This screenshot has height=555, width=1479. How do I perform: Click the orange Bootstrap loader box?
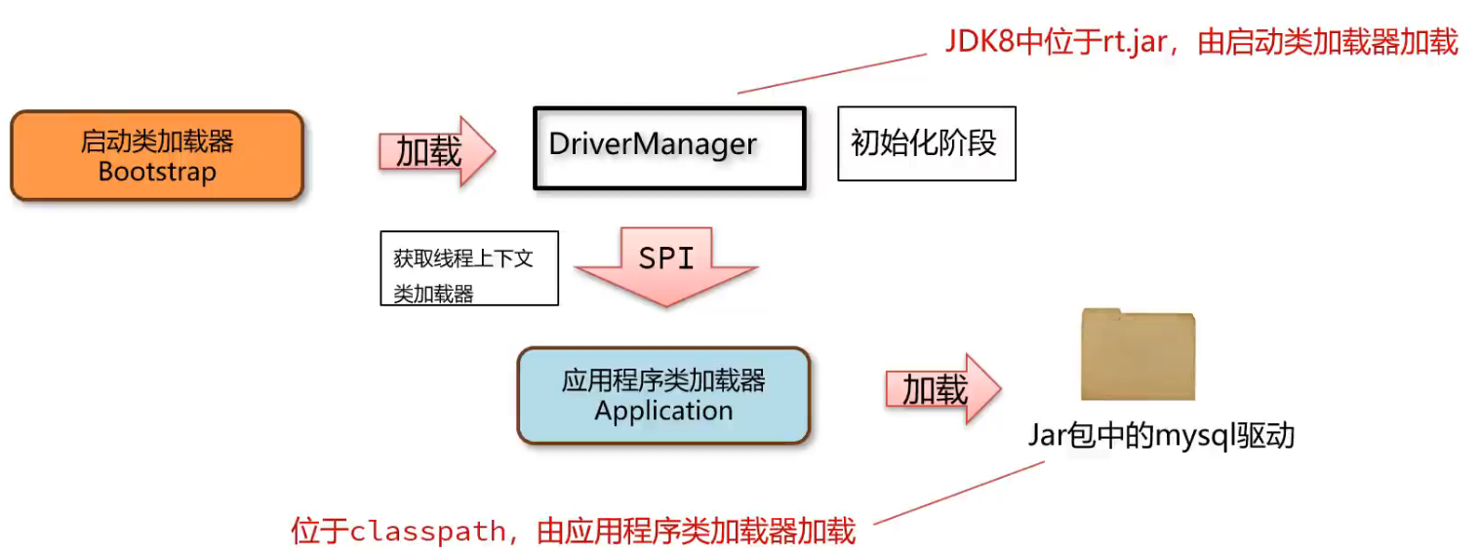[156, 155]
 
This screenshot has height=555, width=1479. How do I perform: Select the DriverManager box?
[669, 147]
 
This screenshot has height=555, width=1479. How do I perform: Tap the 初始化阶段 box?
[926, 143]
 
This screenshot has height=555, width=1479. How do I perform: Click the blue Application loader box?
[663, 395]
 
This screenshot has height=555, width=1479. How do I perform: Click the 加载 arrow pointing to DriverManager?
[436, 151]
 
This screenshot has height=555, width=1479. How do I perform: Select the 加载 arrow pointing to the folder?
[942, 389]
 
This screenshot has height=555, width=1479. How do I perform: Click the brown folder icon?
[1138, 355]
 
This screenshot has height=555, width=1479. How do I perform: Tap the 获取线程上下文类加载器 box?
[468, 267]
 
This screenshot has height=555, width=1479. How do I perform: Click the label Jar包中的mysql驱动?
[1161, 435]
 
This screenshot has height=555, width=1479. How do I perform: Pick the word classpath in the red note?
[427, 532]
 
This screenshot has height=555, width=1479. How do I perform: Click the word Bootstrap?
[156, 172]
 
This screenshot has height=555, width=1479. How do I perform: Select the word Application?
[663, 411]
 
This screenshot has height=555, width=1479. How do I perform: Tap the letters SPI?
[666, 258]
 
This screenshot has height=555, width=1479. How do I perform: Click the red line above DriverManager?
[831, 73]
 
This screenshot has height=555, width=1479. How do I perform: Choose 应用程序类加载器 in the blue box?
[663, 379]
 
